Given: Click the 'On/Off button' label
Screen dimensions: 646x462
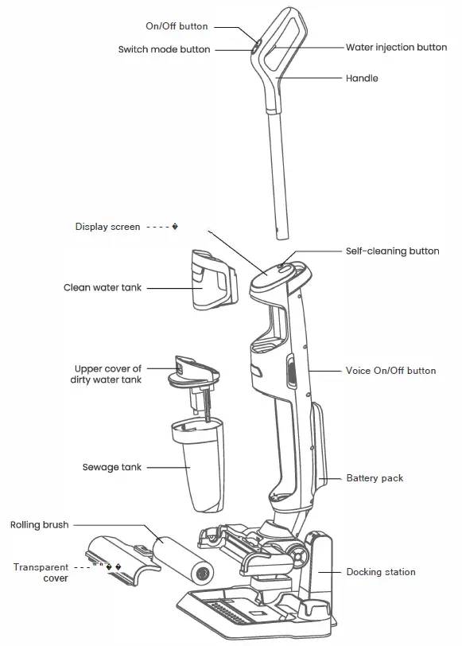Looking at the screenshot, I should pos(176,26).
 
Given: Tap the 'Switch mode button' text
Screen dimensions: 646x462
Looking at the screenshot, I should pos(164,49).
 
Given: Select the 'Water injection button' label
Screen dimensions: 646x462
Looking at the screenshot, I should pos(396,48).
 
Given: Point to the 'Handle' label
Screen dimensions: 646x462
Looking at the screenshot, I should pos(362,79).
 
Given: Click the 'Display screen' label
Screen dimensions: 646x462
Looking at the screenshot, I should pos(107,227).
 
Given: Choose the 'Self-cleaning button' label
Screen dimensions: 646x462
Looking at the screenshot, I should pos(392,251).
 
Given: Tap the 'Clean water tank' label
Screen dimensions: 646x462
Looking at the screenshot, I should pos(103,287).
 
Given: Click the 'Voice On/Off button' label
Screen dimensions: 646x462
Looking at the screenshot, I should pos(390,371).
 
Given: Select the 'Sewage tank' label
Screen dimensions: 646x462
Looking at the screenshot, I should pos(112,467).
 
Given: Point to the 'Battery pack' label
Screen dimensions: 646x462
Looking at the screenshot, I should pos(375,478).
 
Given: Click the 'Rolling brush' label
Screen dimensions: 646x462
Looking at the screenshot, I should pos(39,525).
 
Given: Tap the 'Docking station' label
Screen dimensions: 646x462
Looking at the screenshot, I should pos(381,572).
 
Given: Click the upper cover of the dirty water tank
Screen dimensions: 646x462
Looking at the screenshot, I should pos(192,372).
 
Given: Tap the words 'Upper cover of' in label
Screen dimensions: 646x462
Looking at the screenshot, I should pos(108,369).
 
